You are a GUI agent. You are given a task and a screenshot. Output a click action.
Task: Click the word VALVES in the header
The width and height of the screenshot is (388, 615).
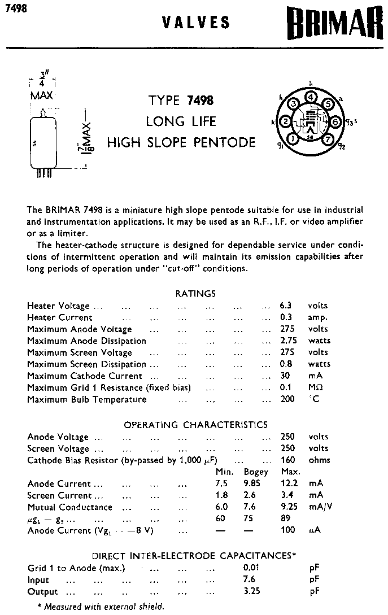(x=196, y=23)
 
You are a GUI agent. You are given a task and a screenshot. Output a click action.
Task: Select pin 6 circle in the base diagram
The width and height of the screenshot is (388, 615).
(x=335, y=122)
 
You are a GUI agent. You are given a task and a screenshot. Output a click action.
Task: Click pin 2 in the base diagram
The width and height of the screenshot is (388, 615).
(x=286, y=122)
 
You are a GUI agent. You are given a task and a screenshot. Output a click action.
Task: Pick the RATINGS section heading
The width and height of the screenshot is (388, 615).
(x=196, y=294)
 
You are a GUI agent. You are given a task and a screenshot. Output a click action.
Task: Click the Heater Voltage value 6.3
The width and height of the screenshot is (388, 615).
(x=286, y=306)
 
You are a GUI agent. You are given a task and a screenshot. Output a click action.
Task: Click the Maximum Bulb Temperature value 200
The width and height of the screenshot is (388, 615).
(x=287, y=399)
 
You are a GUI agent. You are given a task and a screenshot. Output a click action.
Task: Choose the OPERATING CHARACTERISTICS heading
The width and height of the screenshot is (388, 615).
(x=196, y=425)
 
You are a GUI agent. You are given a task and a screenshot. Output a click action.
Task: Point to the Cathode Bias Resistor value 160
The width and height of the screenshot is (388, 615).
(x=288, y=460)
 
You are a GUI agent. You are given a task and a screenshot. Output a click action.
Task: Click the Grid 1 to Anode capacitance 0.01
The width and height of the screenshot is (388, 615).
(x=252, y=568)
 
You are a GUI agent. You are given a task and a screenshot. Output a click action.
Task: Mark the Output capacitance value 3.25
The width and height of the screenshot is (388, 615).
(x=252, y=591)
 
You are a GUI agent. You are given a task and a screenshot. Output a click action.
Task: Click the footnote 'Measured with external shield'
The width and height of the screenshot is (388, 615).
(x=101, y=607)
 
